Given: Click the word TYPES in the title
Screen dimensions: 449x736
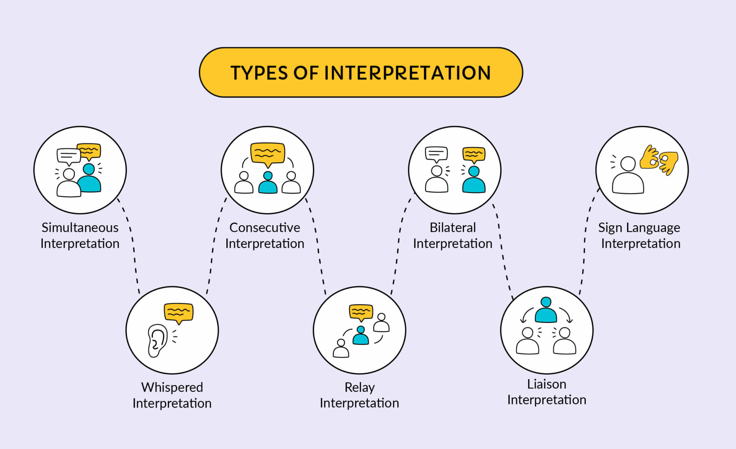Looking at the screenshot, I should pyautogui.click(x=259, y=73).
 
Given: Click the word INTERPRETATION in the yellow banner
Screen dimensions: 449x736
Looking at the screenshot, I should pyautogui.click(x=408, y=73).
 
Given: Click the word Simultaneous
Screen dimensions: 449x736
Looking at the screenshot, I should pyautogui.click(x=80, y=228).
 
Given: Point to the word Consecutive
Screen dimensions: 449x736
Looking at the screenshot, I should pyautogui.click(x=264, y=228).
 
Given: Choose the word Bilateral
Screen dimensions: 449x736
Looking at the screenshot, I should pyautogui.click(x=452, y=228).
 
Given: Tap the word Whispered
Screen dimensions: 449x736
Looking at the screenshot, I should pyautogui.click(x=172, y=387).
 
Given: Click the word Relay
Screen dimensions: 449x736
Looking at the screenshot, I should pyautogui.click(x=359, y=387).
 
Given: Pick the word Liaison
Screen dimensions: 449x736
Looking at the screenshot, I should pyautogui.click(x=546, y=384).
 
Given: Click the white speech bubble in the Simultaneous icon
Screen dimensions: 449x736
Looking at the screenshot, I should pyautogui.click(x=68, y=156).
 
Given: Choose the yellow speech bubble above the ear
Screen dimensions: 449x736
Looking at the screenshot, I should pyautogui.click(x=179, y=312).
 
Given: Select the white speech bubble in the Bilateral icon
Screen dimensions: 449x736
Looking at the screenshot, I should pyautogui.click(x=436, y=154).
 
